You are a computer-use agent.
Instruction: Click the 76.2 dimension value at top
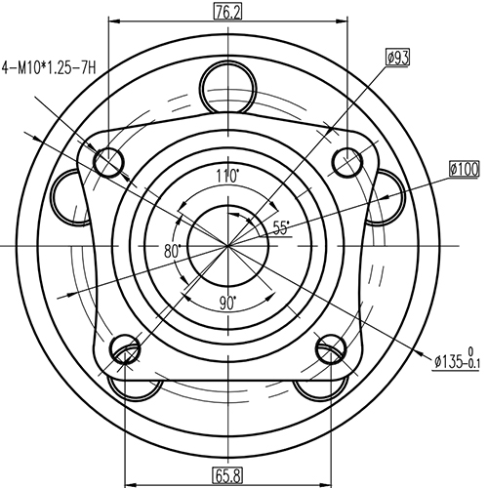(x=227, y=12)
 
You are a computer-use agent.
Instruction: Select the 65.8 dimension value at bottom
(x=227, y=476)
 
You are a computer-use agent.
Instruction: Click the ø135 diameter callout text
(x=450, y=362)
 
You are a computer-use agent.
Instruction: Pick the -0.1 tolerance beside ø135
(x=475, y=367)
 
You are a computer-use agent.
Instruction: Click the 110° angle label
(x=227, y=177)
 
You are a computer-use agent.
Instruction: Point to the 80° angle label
(x=174, y=251)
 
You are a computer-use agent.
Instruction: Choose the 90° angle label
(x=227, y=304)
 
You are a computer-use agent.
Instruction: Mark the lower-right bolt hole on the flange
(x=330, y=348)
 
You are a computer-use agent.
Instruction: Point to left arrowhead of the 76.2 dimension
(x=112, y=21)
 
